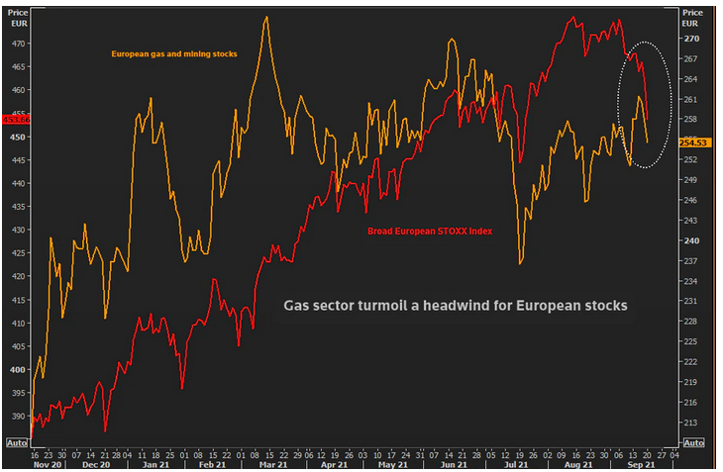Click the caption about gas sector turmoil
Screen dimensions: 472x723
coord(456,306)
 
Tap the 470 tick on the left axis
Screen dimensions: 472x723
coord(17,44)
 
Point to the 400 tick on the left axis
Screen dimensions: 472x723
coord(17,370)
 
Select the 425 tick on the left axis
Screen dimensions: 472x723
coord(17,253)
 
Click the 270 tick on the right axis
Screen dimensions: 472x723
coord(691,39)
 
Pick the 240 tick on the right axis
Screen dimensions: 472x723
coord(691,240)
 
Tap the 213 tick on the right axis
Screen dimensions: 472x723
coord(691,423)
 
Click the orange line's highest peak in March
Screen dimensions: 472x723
coord(266,17)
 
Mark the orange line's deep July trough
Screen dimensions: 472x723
coord(520,263)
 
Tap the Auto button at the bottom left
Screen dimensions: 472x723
coord(16,443)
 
